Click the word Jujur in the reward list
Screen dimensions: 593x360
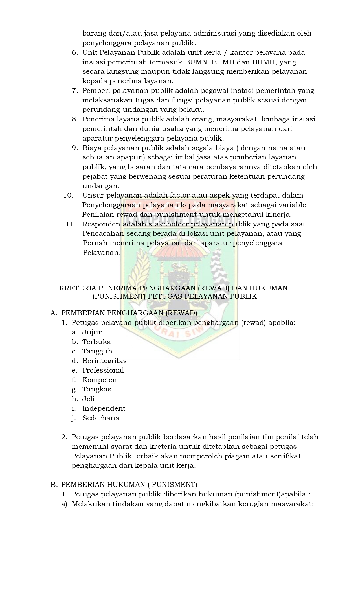click(x=93, y=332)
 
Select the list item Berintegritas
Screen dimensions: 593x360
click(x=104, y=361)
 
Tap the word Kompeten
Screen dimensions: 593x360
click(x=99, y=380)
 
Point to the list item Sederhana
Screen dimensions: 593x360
click(x=101, y=418)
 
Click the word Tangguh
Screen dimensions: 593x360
click(x=97, y=351)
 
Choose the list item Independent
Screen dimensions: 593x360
click(x=104, y=408)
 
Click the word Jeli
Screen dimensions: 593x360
click(x=88, y=399)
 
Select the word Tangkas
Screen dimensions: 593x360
click(x=97, y=389)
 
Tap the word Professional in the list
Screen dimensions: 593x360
click(x=103, y=370)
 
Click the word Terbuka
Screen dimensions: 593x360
click(x=96, y=342)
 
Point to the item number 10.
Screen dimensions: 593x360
click(x=68, y=195)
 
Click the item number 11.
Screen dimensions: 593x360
click(x=71, y=224)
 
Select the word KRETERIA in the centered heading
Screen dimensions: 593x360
click(x=74, y=288)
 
